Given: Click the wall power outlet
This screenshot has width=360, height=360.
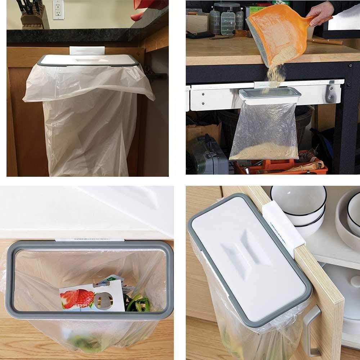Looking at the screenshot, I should click(x=58, y=9).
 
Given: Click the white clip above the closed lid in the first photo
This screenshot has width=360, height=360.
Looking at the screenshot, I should click(x=87, y=50).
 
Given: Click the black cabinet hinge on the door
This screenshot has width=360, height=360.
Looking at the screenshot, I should click(x=155, y=76).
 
